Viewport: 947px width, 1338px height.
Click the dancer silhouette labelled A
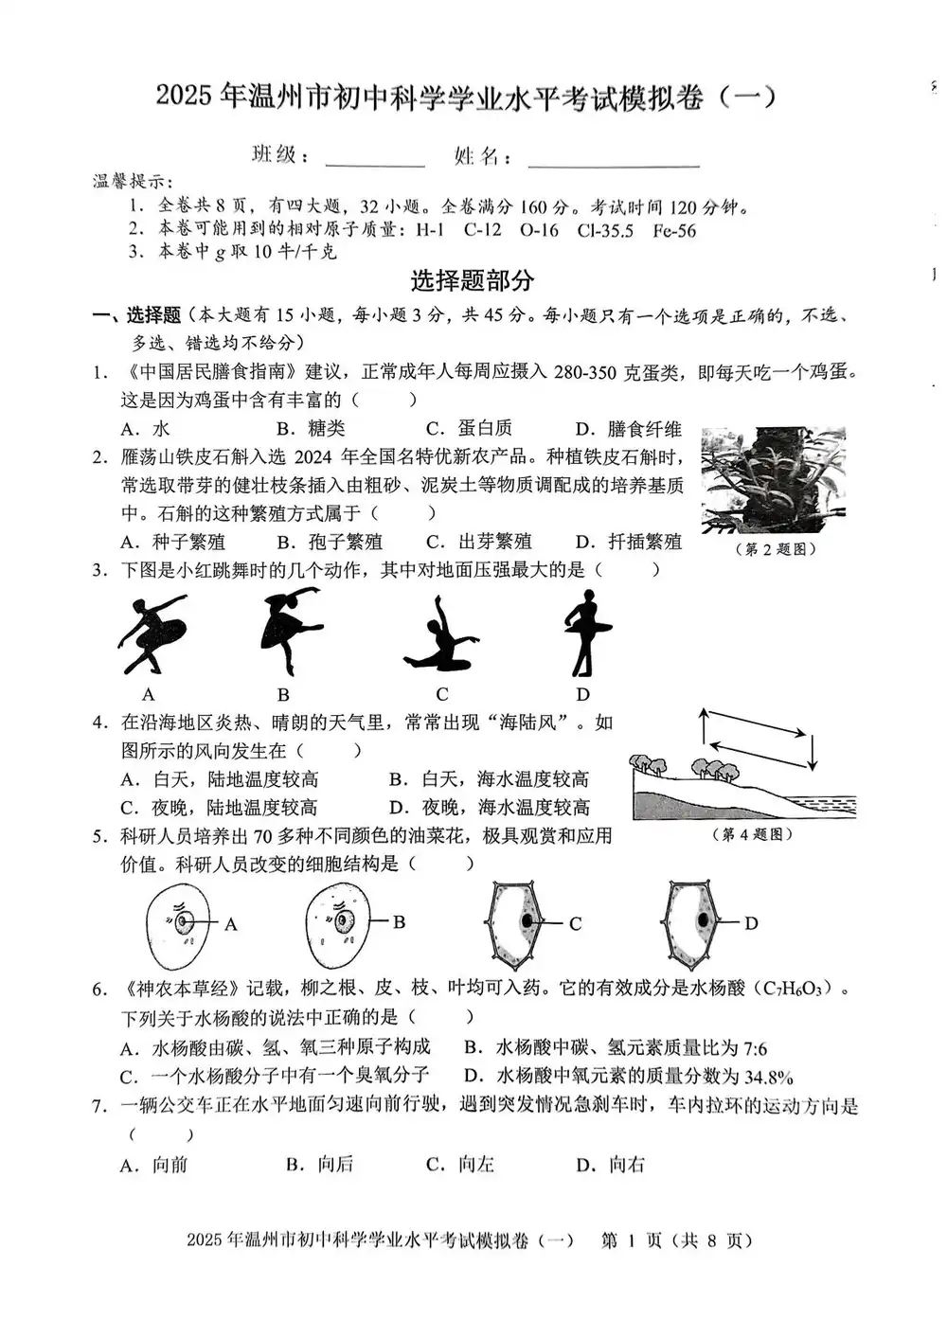coord(150,633)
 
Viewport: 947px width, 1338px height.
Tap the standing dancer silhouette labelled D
coord(587,633)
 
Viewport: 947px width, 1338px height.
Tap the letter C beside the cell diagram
coord(575,924)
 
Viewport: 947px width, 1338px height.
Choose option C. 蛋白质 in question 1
coord(469,429)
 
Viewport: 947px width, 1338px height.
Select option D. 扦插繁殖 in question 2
coord(629,542)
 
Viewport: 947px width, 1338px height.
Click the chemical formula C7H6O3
coord(795,990)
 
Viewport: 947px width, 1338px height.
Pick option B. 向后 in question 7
coord(320,1165)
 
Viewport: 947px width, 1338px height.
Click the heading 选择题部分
coord(473,280)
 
